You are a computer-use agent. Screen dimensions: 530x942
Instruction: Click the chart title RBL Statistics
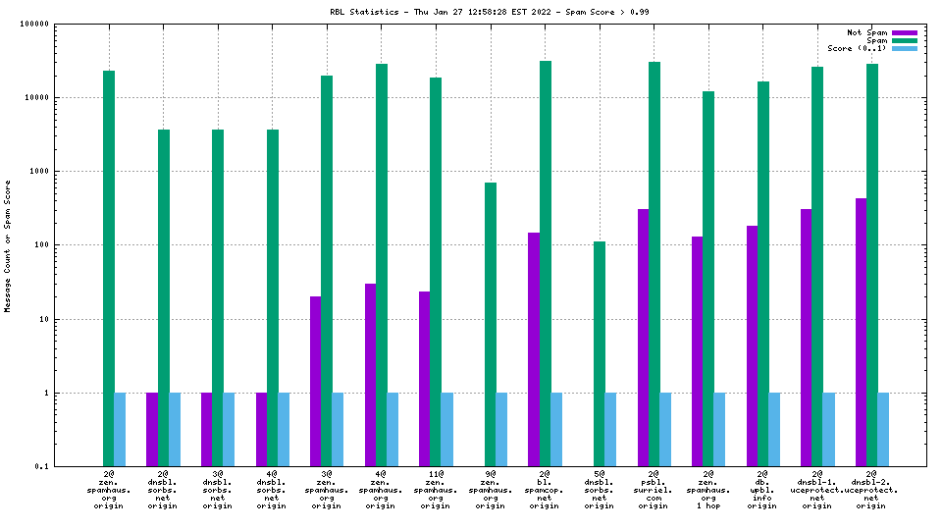(x=490, y=12)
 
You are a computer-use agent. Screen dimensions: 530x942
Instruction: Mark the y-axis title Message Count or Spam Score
(x=8, y=245)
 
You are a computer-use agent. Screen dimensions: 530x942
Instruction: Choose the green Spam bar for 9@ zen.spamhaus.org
(x=491, y=324)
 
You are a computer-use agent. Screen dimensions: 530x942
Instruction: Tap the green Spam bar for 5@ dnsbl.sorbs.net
(x=600, y=353)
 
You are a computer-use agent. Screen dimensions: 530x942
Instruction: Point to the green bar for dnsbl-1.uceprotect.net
(x=817, y=266)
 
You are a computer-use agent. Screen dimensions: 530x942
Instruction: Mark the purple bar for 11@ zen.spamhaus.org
(x=425, y=378)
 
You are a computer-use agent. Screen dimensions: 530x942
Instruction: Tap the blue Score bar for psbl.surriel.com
(x=664, y=429)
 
